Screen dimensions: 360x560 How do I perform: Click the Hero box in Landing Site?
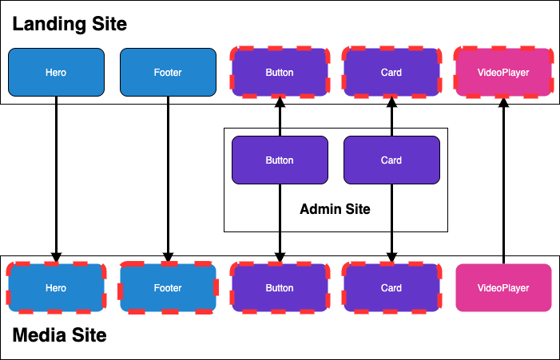pyautogui.click(x=56, y=73)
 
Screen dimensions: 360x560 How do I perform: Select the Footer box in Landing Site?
pyautogui.click(x=168, y=73)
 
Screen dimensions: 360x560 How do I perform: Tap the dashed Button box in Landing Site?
pyautogui.click(x=280, y=73)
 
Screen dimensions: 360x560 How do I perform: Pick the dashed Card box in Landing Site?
pyautogui.click(x=391, y=73)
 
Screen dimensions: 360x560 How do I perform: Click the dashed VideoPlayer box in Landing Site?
pyautogui.click(x=503, y=73)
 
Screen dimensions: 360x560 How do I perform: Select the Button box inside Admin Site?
pyautogui.click(x=280, y=160)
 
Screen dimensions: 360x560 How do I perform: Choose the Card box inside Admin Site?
pyautogui.click(x=391, y=160)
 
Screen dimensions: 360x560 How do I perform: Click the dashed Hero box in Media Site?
pyautogui.click(x=56, y=288)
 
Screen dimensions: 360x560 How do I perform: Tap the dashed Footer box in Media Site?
pyautogui.click(x=168, y=288)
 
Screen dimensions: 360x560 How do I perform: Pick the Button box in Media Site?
pyautogui.click(x=280, y=288)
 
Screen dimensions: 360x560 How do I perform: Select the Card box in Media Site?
pyautogui.click(x=391, y=288)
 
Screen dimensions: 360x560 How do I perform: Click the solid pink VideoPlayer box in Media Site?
pyautogui.click(x=503, y=288)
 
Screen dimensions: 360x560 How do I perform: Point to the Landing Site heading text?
pyautogui.click(x=70, y=24)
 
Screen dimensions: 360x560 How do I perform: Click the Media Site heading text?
pyautogui.click(x=59, y=335)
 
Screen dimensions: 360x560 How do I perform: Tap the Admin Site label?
pyautogui.click(x=335, y=209)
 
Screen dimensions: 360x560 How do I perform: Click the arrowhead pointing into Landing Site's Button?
pyautogui.click(x=280, y=102)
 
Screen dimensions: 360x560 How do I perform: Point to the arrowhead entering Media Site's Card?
pyautogui.click(x=391, y=258)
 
